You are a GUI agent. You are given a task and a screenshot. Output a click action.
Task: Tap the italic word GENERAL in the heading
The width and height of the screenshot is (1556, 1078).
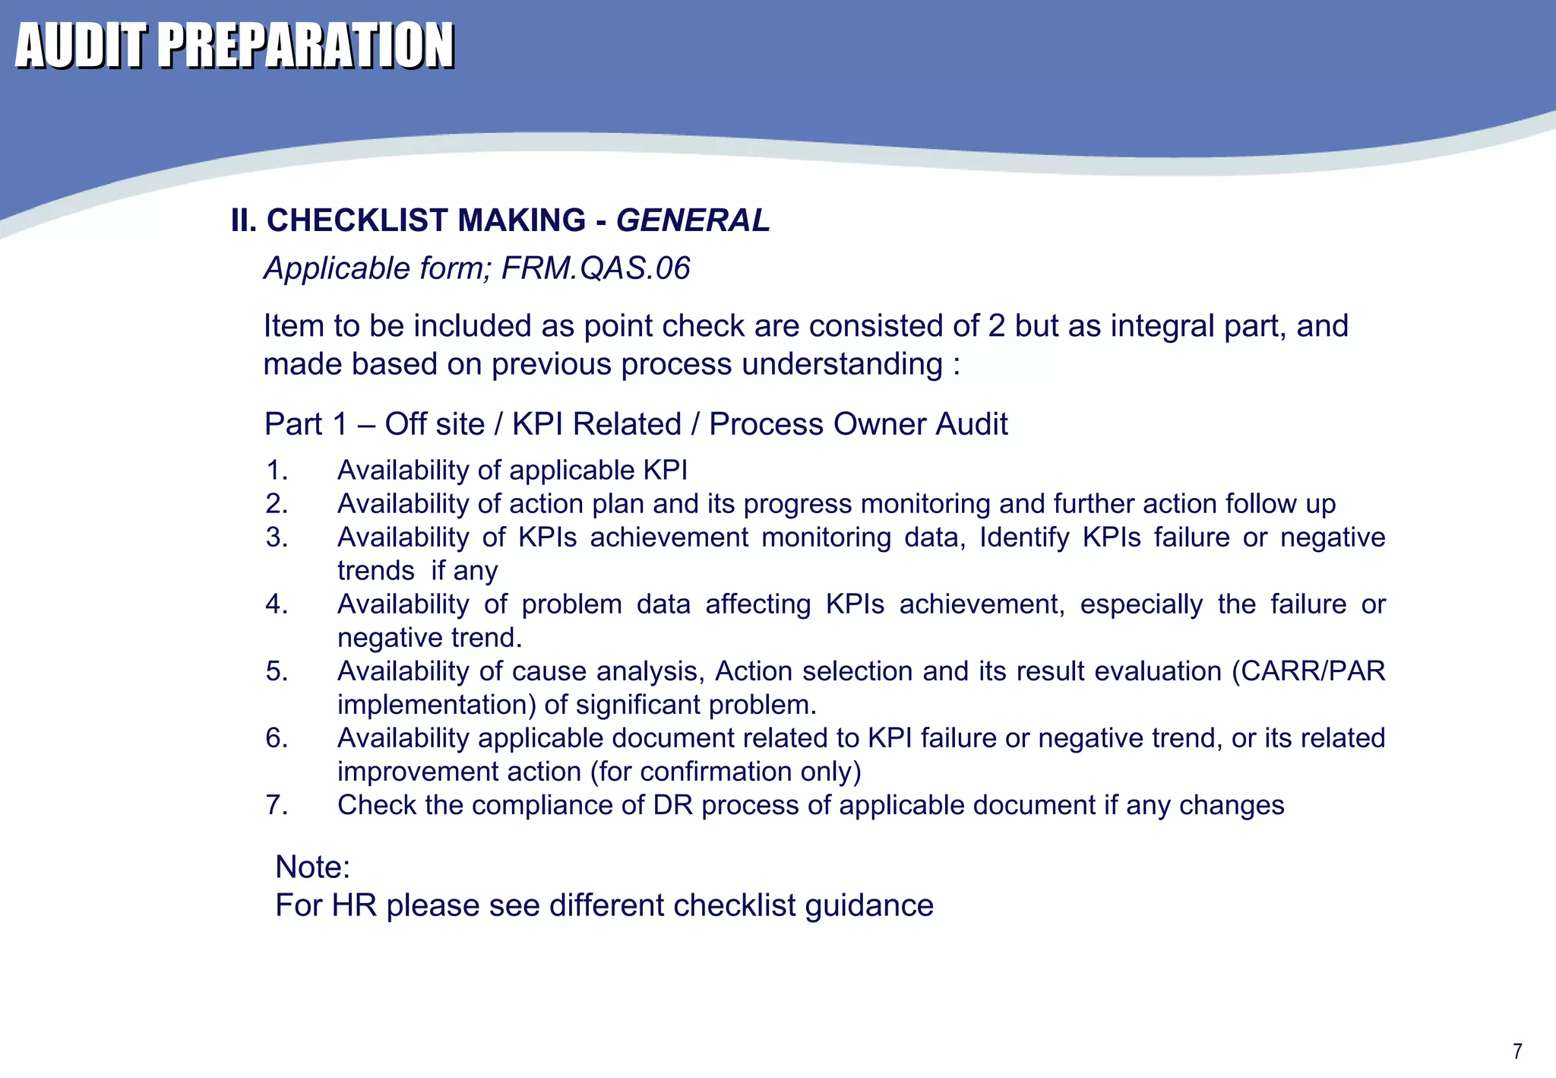tap(693, 220)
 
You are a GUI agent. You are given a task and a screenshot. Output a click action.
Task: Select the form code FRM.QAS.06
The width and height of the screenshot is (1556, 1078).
tap(596, 268)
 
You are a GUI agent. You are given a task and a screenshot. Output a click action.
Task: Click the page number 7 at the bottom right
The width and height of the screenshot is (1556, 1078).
tap(1517, 1051)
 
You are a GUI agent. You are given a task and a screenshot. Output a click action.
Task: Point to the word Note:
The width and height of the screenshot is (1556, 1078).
tap(312, 867)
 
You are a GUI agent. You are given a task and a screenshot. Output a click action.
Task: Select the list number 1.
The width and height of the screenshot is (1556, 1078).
tap(277, 471)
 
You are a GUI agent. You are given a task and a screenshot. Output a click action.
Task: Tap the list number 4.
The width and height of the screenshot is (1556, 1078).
tap(277, 604)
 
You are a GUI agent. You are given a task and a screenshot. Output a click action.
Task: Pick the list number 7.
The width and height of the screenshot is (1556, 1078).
tap(277, 805)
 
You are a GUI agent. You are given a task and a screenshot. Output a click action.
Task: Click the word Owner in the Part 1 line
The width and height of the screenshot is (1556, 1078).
tap(880, 424)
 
